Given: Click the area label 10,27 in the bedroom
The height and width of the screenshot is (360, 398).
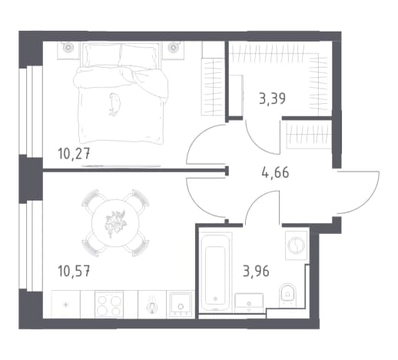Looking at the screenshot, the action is click(x=74, y=155).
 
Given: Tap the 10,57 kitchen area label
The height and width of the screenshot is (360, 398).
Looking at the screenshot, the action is click(x=74, y=271).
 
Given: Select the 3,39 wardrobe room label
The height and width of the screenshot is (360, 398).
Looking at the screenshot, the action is click(x=272, y=98).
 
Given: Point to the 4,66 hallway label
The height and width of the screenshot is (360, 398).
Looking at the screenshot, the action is click(x=275, y=172).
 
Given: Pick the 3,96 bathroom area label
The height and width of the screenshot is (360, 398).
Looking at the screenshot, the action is click(x=256, y=272).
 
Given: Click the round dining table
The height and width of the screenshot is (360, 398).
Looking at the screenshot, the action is click(x=115, y=223).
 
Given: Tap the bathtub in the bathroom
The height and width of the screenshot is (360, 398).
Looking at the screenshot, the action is click(x=216, y=272).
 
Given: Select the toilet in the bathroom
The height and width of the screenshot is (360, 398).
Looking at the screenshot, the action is click(x=287, y=294).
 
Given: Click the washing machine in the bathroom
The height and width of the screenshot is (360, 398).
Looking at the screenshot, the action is click(x=297, y=245).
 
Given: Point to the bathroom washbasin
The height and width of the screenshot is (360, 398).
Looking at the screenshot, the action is click(x=249, y=303).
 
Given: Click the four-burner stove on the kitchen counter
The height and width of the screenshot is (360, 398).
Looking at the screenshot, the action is click(x=109, y=304).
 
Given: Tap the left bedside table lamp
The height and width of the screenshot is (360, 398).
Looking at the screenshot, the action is click(x=68, y=47).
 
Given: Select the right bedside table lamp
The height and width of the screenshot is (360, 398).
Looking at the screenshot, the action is click(x=173, y=47).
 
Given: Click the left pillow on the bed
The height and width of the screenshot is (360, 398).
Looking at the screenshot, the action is click(x=102, y=55).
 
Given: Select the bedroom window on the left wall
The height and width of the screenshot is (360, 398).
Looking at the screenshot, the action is click(x=31, y=112).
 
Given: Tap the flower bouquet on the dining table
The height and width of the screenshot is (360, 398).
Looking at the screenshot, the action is click(x=116, y=222).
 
